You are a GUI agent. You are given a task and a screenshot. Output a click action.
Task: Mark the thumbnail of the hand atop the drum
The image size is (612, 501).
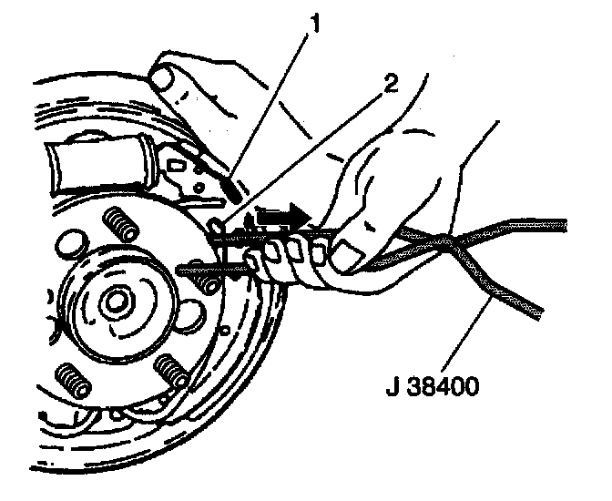point(167,79)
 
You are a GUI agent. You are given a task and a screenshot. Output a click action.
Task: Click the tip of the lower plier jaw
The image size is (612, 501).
point(187,268)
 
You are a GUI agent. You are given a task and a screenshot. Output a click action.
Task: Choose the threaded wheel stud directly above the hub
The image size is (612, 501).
point(116,221)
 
